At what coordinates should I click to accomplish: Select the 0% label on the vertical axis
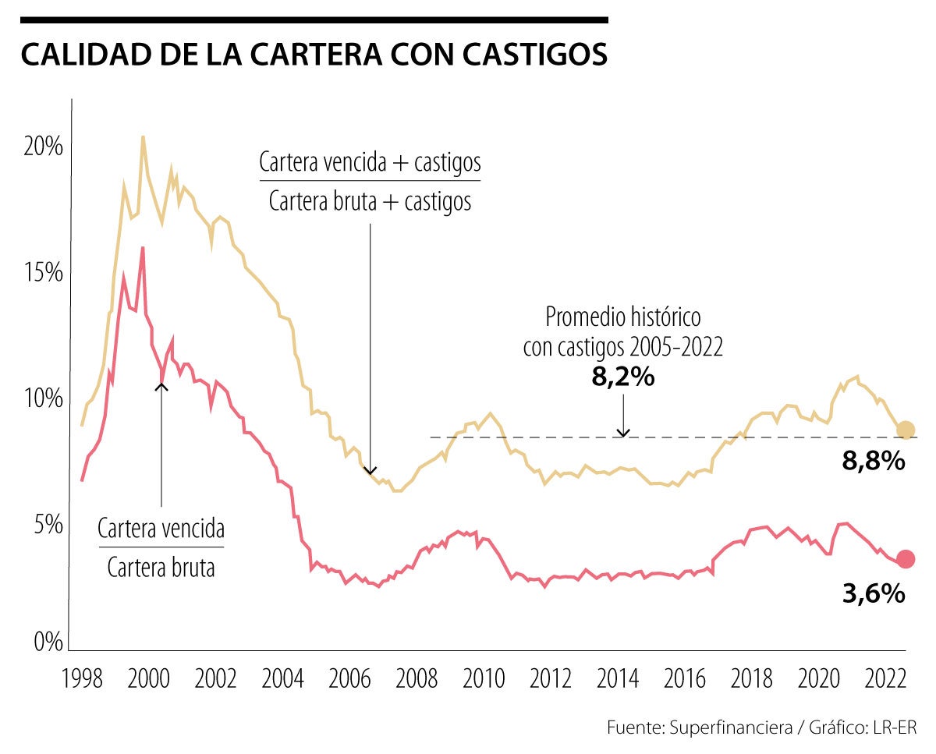point(47,642)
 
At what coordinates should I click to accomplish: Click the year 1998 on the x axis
point(82,678)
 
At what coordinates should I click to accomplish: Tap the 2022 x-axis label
point(887,678)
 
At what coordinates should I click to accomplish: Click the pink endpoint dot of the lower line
point(905,558)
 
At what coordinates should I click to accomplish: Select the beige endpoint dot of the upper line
point(905,430)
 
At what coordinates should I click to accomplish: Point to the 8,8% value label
point(874,462)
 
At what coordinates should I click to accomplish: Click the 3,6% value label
point(874,594)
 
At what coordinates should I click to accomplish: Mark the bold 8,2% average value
point(622,377)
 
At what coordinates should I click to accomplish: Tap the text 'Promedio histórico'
point(622,317)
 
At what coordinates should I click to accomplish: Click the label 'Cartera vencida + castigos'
point(370,163)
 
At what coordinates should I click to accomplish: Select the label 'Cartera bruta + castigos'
point(370,202)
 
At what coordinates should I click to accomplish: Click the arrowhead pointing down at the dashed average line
point(622,432)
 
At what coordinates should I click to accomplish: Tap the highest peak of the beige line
point(143,136)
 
